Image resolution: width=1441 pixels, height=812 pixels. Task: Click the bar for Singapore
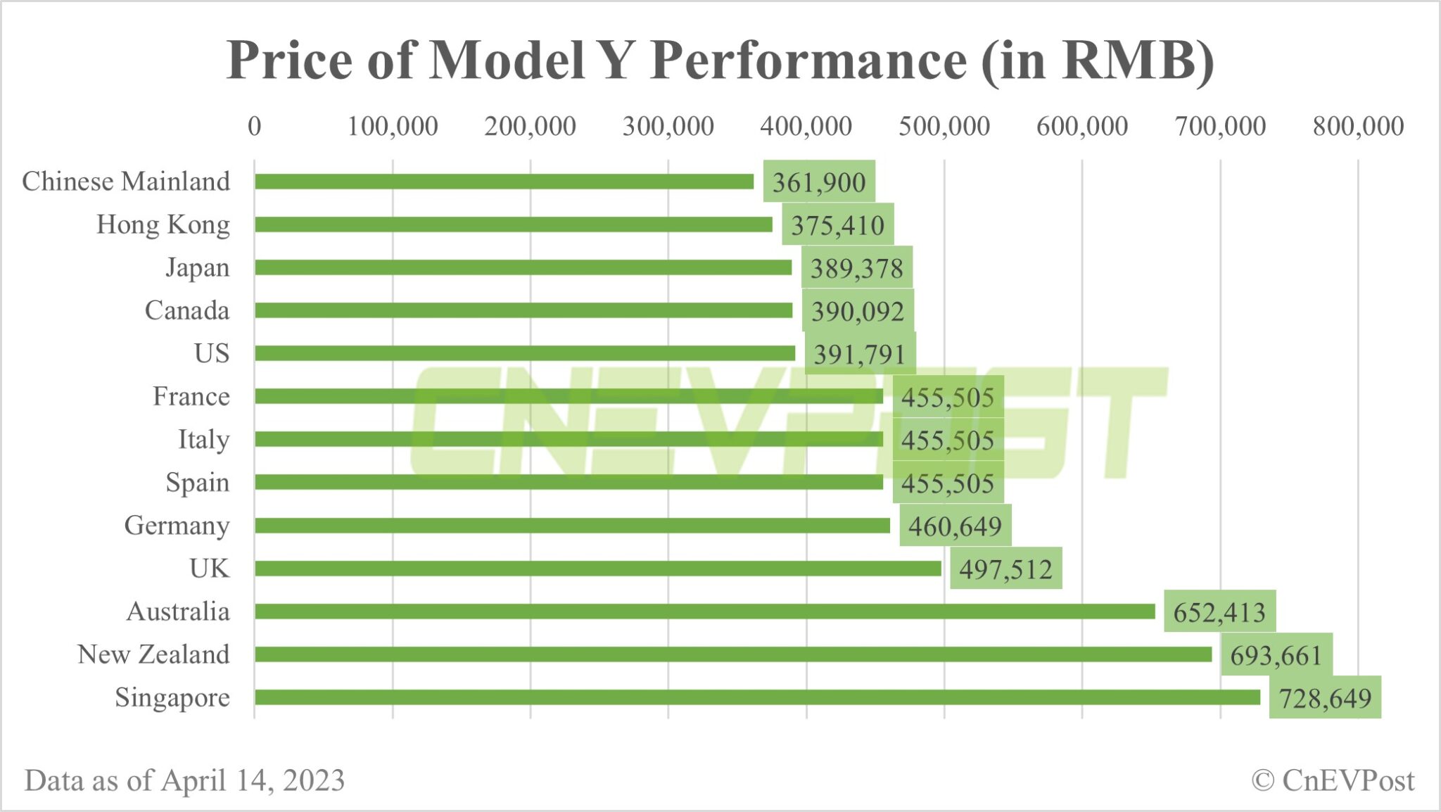[x=757, y=697]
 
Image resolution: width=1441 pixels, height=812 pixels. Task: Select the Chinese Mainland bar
[x=504, y=182]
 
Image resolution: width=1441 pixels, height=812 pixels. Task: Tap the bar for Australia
[x=704, y=611]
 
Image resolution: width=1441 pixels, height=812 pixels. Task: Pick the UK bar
[x=598, y=569]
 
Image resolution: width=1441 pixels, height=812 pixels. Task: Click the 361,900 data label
[x=819, y=182]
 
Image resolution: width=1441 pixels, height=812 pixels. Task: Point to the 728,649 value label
[x=1325, y=698]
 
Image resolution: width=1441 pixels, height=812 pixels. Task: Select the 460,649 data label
[x=955, y=526]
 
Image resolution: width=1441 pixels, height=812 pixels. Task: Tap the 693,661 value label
[x=1276, y=655]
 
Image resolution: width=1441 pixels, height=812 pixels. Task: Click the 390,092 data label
[x=858, y=311]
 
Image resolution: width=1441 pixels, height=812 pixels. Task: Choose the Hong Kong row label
[x=163, y=224]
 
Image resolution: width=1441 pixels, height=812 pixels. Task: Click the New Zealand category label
[x=153, y=654]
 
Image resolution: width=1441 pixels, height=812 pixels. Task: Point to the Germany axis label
[x=177, y=526]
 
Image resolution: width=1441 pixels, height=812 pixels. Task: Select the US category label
[x=212, y=353]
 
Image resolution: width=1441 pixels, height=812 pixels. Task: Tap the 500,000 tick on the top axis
[x=944, y=127]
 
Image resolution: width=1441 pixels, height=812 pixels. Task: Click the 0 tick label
[x=255, y=127]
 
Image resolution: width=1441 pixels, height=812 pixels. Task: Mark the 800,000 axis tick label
[x=1358, y=127]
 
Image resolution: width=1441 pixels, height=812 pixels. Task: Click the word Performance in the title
[x=808, y=61]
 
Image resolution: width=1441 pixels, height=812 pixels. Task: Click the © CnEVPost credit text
[x=1333, y=780]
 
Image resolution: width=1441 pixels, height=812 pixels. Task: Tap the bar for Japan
[x=523, y=267]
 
